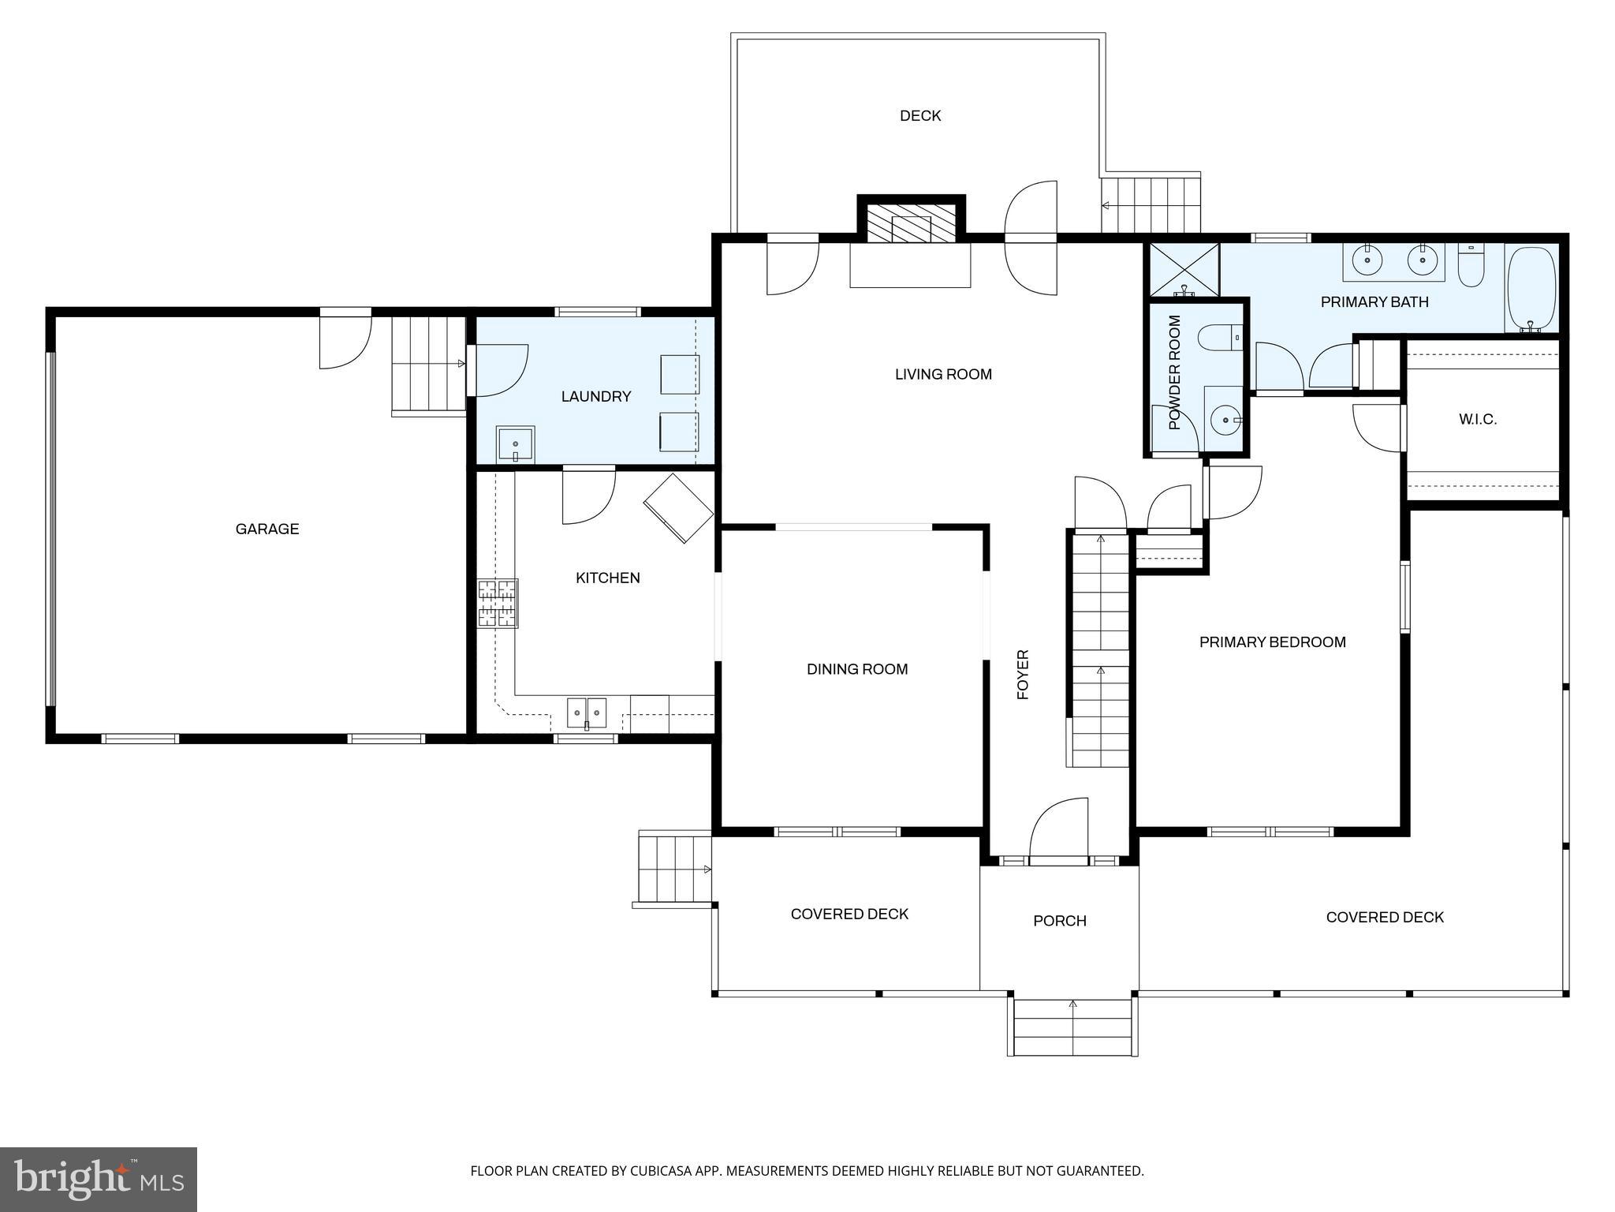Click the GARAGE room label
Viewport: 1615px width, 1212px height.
coord(267,529)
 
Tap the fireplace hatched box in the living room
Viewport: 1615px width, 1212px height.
coord(911,224)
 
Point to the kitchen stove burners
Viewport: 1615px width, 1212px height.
coord(498,604)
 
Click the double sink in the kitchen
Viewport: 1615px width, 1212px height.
coord(587,713)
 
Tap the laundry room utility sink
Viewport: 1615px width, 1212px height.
coord(515,446)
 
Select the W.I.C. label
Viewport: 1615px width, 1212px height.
coord(1477,419)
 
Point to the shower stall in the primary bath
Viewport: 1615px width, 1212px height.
coord(1184,270)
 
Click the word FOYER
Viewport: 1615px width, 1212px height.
coord(1023,675)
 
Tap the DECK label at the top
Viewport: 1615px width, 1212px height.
coord(920,116)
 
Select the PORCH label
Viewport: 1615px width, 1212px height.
coord(1059,921)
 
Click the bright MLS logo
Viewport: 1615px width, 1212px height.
coord(99,1179)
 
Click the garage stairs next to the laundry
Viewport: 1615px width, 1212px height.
coord(428,365)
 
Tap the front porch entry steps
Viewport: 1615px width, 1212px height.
coord(1072,1027)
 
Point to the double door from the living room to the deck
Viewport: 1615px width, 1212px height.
coord(1030,238)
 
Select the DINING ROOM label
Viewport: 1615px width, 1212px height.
coord(857,669)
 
